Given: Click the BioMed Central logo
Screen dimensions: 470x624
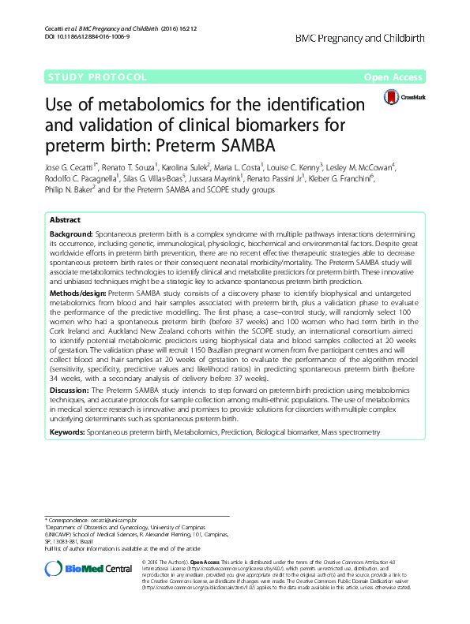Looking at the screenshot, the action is click(x=88, y=569).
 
